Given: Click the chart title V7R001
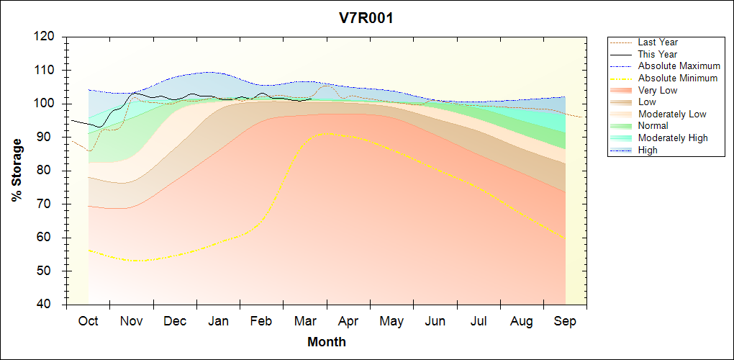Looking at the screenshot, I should pos(366,19).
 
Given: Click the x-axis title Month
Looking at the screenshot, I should pos(326,342).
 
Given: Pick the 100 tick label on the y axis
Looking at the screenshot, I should pos(45,104).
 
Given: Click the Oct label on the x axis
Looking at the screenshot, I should pos(89,321).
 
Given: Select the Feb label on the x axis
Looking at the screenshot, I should pos(262,321).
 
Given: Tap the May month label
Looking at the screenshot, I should pos(391,321).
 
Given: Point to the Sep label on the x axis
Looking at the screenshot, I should pos(565,321).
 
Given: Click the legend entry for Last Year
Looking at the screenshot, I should pos(658,42).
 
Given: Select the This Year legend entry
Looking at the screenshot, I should pos(658,54).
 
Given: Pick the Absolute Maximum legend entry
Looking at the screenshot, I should pos(677,66).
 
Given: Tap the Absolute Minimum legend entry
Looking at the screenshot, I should pos(677,78).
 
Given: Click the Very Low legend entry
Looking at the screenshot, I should pos(657,90).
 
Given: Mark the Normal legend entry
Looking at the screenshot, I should pos(653,126).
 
